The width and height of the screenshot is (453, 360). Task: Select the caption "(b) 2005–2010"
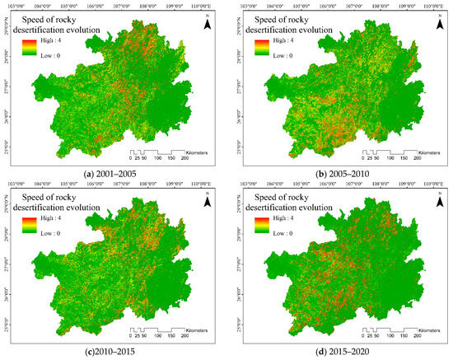[x=340, y=171]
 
